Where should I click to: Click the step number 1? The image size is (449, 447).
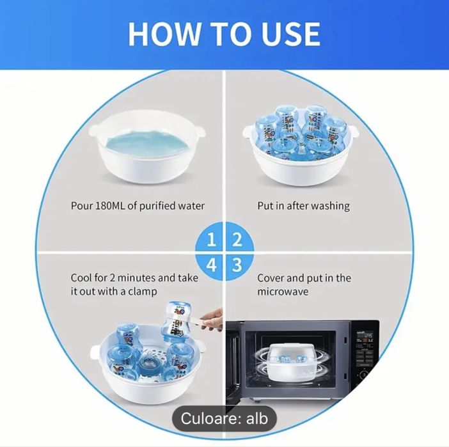pos(211,240)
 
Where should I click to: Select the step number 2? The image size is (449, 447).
pos(237,240)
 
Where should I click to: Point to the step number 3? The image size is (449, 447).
pos(237,265)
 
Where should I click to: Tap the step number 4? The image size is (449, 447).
pos(211,265)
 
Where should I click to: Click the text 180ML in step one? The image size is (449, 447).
pos(109,206)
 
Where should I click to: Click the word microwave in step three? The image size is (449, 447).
pos(283,292)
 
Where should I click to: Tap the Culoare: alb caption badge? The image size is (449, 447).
pos(224,418)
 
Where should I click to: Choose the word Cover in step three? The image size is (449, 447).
pos(271,278)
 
